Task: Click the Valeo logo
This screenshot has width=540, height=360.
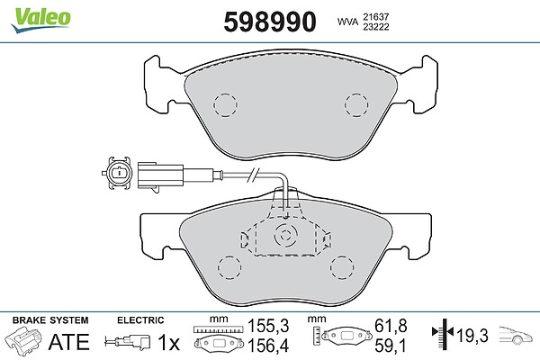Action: (x=41, y=20)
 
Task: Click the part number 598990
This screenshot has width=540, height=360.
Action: (x=270, y=22)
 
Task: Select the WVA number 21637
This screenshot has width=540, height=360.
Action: (x=375, y=16)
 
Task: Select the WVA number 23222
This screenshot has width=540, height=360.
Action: (x=375, y=27)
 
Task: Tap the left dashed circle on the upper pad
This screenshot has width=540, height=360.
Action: (x=225, y=105)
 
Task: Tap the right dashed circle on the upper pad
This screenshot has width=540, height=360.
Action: (x=356, y=104)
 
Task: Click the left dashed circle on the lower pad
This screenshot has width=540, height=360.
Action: (x=229, y=267)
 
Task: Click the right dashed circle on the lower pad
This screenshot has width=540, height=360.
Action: (x=342, y=267)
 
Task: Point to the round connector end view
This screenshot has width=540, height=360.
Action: (x=118, y=173)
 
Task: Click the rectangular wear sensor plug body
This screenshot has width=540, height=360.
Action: (x=160, y=176)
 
